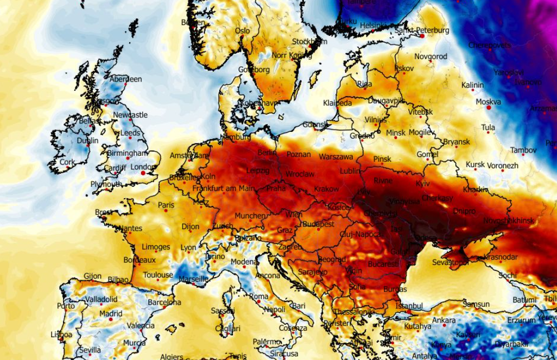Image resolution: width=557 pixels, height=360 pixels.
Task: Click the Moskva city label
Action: [x=488, y=102]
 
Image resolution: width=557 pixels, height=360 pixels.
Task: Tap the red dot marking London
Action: [x=143, y=173]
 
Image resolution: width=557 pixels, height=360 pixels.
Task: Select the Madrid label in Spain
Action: [x=111, y=313]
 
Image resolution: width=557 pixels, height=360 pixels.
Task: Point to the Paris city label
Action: [x=166, y=205]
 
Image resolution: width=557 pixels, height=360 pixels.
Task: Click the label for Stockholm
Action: [x=309, y=42]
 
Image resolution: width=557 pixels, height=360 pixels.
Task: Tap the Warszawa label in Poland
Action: [x=336, y=156]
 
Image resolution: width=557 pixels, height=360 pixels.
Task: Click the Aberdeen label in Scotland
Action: [x=125, y=79]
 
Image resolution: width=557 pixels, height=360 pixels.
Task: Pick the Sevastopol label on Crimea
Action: [x=450, y=263]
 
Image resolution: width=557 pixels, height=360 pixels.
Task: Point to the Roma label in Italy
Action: [x=259, y=296]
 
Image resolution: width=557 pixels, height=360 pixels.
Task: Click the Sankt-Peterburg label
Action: [x=422, y=31]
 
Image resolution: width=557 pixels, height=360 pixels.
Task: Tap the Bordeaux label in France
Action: [x=140, y=260]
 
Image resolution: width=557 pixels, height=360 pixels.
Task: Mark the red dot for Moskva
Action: [x=489, y=108]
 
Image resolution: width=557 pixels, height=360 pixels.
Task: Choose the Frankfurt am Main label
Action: [x=223, y=188]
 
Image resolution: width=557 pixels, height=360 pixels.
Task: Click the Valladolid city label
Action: [x=101, y=299]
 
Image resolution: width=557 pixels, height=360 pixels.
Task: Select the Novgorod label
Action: [x=431, y=56]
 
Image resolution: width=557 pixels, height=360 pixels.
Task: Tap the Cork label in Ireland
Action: [x=67, y=162]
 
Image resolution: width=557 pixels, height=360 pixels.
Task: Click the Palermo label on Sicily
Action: [x=267, y=342]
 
